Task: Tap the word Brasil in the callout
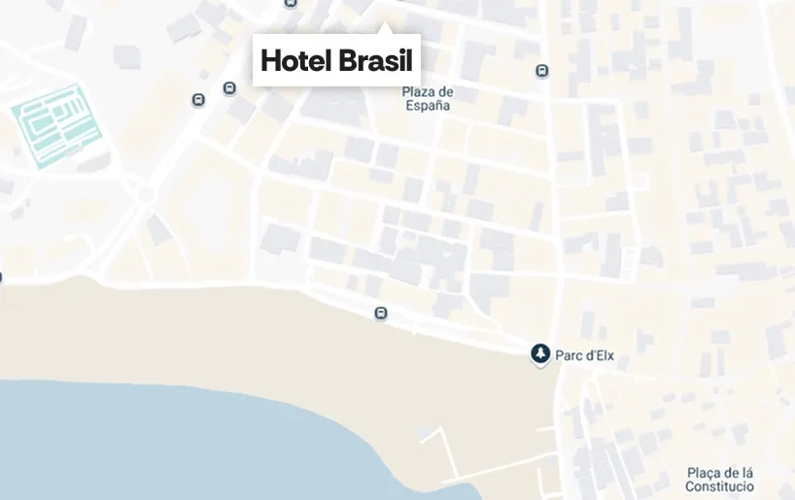pos(376,61)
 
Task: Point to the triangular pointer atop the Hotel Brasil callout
pos(386,28)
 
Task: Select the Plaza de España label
pos(428,99)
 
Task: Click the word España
pos(428,106)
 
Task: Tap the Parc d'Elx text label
pos(584,356)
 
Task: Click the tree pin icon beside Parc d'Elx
pos(539,354)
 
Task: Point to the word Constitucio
pos(719,485)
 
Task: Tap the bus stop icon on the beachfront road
pos(381,313)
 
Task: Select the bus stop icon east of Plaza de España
pos(541,70)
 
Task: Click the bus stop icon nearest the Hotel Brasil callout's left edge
pos(229,88)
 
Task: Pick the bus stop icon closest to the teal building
pos(198,99)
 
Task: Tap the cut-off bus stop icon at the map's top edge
pos(291,3)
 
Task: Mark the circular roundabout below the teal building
pos(145,193)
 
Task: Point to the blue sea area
pos(146,447)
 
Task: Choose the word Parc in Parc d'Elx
pos(568,356)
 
